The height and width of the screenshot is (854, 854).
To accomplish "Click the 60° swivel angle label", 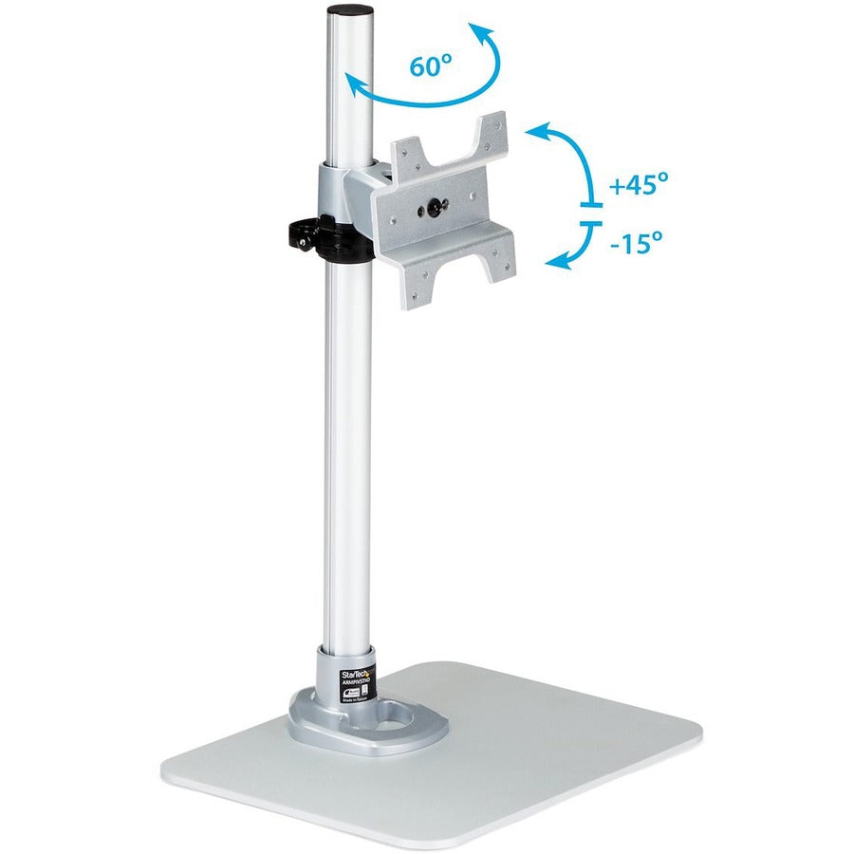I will coord(432,66).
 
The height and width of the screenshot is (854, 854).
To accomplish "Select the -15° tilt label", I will coord(635,243).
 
